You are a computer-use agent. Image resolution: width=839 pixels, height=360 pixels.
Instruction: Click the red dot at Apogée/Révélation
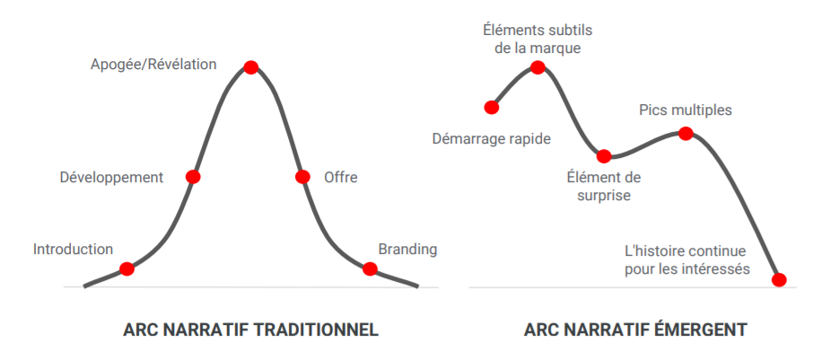(250, 67)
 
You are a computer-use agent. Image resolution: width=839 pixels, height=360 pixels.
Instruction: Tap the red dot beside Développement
(193, 177)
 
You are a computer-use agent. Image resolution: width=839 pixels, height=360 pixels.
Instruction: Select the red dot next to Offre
(302, 177)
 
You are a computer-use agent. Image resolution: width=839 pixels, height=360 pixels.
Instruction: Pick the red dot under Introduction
(127, 268)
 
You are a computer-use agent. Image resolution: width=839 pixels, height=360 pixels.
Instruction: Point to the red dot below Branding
(369, 268)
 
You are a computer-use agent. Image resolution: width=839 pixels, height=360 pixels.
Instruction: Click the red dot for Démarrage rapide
(491, 108)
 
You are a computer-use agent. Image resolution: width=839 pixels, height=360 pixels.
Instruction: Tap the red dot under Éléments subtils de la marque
(537, 67)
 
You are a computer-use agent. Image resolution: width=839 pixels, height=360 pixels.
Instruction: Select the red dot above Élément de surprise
(604, 156)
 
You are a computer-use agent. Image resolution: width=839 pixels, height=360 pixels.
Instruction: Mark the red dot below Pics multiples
(686, 133)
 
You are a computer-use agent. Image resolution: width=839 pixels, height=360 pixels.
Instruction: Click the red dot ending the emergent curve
(779, 279)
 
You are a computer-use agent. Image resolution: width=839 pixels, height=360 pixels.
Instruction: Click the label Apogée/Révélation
(153, 65)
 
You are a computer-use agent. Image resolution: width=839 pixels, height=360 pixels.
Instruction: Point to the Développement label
(111, 178)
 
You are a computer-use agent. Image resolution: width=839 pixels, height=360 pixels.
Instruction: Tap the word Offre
(341, 178)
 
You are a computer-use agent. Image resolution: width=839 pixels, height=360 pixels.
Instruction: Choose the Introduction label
(74, 249)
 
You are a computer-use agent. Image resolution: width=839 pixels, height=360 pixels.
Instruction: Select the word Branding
(407, 250)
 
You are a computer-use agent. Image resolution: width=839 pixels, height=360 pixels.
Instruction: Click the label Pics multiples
(686, 110)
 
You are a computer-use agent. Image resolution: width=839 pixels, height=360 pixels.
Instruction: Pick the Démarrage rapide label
(491, 140)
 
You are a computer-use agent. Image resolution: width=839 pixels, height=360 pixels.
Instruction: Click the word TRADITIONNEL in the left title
(315, 329)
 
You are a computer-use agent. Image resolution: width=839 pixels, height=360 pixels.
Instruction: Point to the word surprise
(604, 196)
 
